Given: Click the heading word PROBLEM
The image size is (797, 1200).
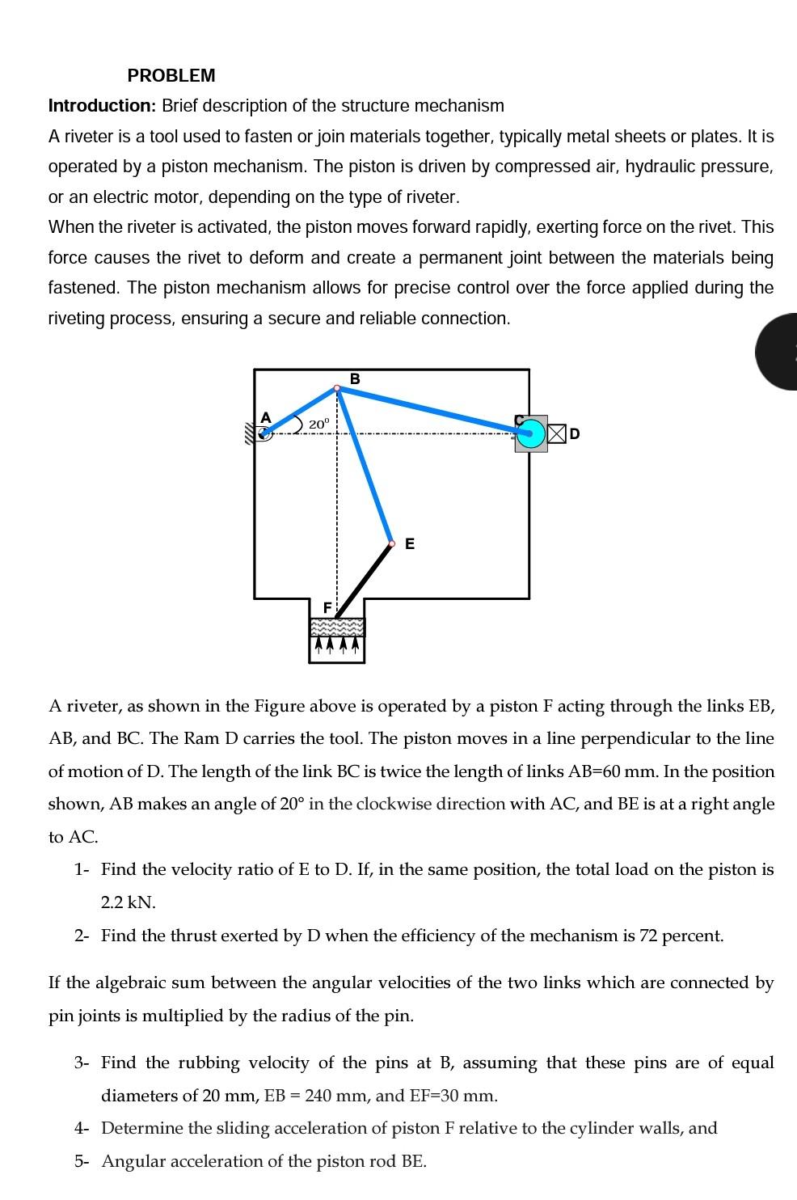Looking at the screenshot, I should (x=171, y=76).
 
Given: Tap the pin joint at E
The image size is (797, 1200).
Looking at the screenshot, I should (x=391, y=544).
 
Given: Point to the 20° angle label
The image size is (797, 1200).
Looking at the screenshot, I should (x=319, y=424).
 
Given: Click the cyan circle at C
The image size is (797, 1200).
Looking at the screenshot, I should (x=530, y=433).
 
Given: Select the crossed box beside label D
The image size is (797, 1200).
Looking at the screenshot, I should (x=557, y=433).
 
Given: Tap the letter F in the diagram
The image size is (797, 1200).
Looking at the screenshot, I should (x=327, y=606).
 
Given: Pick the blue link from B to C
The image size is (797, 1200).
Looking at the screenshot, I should (x=432, y=409).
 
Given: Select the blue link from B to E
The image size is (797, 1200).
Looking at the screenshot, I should (x=365, y=467).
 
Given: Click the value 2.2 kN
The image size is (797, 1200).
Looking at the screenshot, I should (x=129, y=902).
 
